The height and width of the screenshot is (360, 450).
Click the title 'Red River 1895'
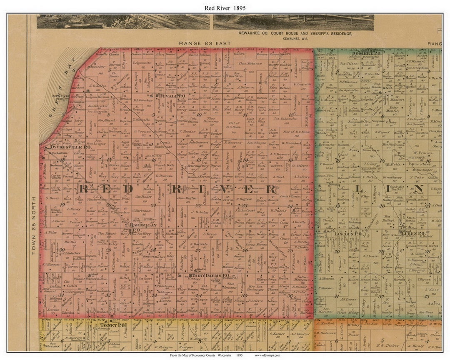225,7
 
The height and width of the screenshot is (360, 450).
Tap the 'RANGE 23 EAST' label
199,43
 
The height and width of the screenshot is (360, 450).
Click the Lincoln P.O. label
347,234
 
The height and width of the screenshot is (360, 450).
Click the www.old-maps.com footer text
267,355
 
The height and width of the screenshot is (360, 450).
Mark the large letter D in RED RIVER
127,189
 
